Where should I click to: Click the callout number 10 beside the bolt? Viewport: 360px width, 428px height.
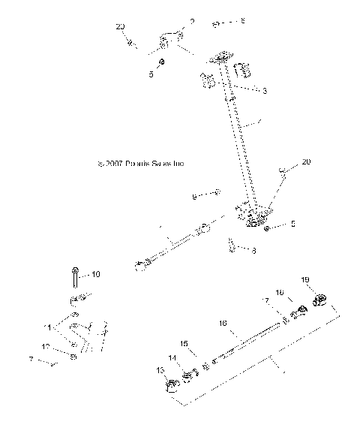click(95, 274)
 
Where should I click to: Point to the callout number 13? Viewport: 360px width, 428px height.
click(159, 370)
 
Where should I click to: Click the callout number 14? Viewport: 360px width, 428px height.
click(172, 358)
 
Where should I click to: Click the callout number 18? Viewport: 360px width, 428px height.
click(278, 292)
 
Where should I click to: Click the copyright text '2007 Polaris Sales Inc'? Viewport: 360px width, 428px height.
click(140, 163)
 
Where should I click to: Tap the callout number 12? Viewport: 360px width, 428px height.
click(46, 347)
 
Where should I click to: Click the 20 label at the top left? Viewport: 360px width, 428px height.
click(121, 26)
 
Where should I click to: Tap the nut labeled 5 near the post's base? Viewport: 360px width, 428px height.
click(268, 225)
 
